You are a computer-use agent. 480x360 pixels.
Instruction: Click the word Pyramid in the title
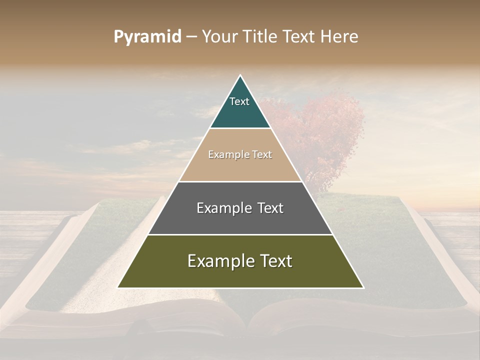pyautogui.click(x=147, y=37)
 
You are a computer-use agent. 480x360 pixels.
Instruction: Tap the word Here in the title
pyautogui.click(x=339, y=36)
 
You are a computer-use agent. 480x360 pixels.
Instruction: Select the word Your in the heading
pyautogui.click(x=218, y=36)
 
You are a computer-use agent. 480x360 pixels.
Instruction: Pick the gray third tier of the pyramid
pyautogui.click(x=240, y=220)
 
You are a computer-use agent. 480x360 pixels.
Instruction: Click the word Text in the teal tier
pyautogui.click(x=239, y=101)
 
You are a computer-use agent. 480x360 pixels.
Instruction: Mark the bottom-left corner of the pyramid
pyautogui.click(x=118, y=287)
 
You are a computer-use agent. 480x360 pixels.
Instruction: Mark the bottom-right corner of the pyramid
pyautogui.click(x=362, y=287)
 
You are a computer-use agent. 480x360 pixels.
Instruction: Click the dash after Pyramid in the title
pyautogui.click(x=191, y=37)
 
